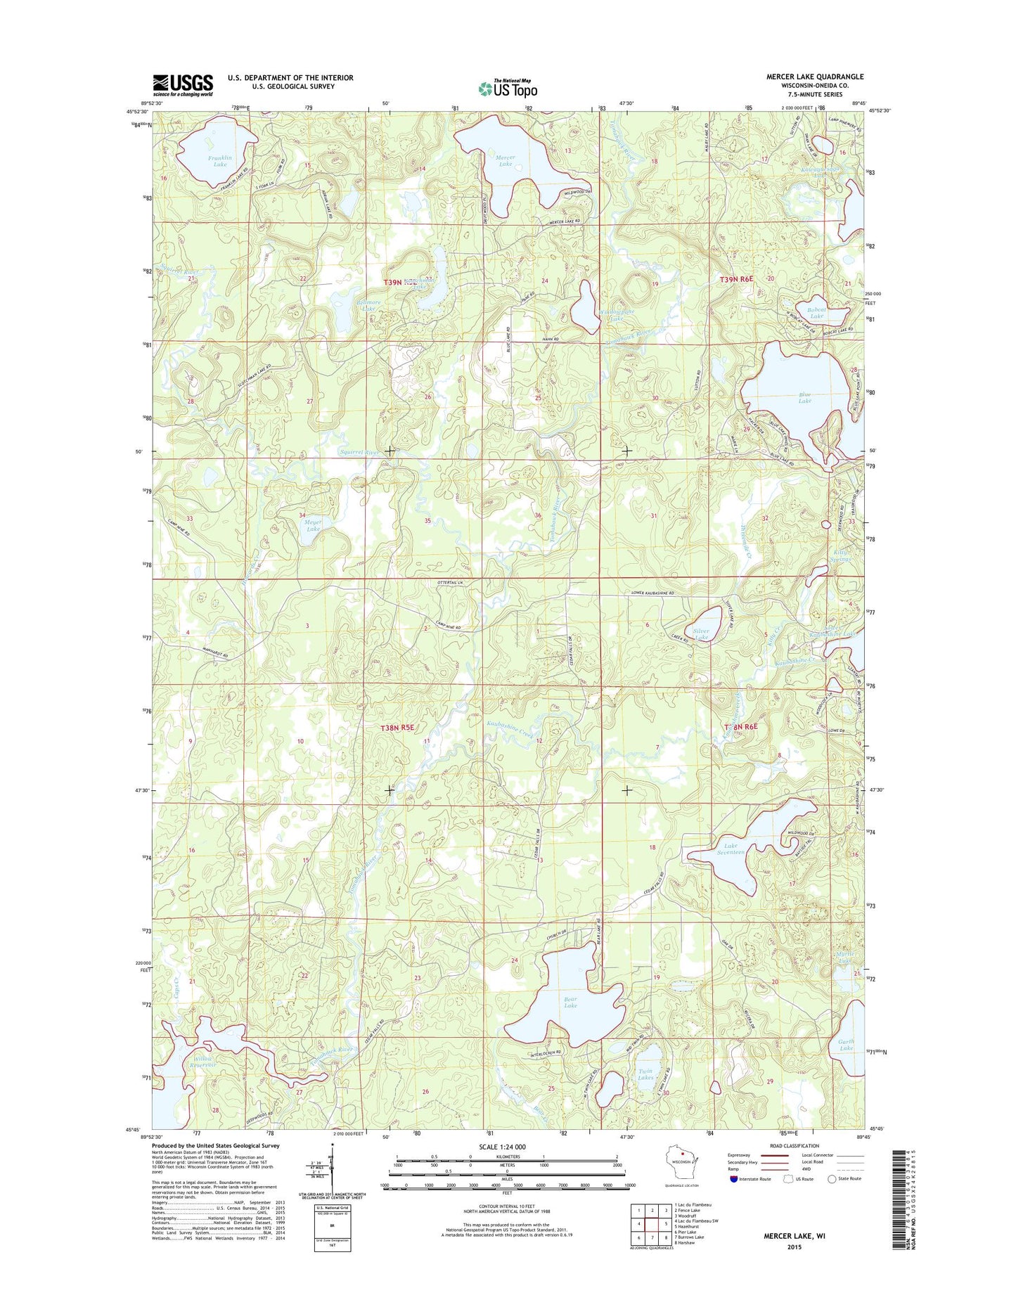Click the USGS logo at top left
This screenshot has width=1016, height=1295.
[x=183, y=85]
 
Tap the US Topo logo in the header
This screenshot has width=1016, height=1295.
[x=508, y=88]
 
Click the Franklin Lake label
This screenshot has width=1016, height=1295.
[x=220, y=161]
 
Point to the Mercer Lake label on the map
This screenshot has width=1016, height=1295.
[x=505, y=160]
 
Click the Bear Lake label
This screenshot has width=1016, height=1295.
[x=570, y=1001]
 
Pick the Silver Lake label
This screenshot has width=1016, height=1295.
[x=702, y=634]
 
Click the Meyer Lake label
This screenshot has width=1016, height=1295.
[x=313, y=525]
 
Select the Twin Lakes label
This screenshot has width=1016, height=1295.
[x=645, y=1074]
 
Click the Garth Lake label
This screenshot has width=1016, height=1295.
[x=846, y=1045]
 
